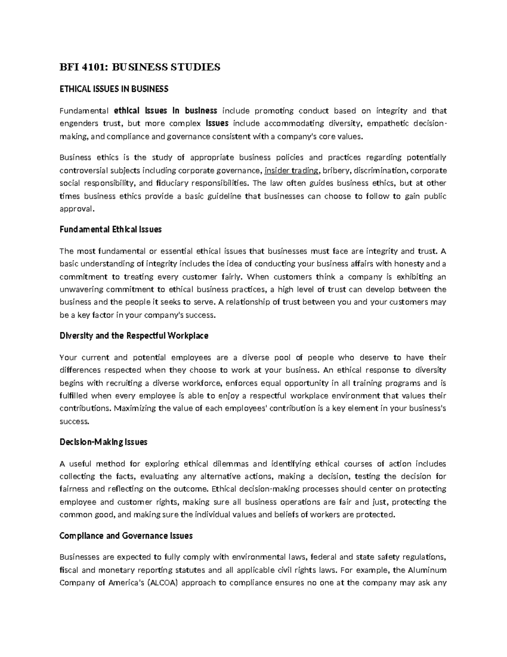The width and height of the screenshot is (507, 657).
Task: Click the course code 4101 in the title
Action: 86,67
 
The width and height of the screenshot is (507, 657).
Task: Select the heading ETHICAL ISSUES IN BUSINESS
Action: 114,89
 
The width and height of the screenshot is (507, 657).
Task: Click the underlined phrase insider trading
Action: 292,170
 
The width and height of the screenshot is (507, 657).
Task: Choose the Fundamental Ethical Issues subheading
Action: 110,229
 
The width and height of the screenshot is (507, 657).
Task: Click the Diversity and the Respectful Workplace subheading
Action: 134,335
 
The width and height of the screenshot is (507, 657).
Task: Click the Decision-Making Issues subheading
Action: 103,442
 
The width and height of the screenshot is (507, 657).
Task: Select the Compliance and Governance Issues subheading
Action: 126,536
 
